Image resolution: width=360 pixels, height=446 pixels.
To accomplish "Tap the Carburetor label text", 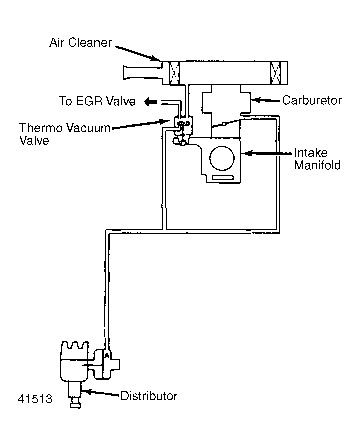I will (x=312, y=100).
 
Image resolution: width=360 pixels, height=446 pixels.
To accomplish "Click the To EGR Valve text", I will (x=97, y=102).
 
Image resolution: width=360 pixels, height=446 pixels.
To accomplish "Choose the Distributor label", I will (x=149, y=397).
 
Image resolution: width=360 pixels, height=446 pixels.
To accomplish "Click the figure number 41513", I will (x=35, y=400).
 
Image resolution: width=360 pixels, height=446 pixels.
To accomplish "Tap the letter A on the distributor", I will (x=106, y=355).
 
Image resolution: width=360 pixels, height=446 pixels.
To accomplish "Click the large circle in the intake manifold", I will (x=221, y=159).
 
